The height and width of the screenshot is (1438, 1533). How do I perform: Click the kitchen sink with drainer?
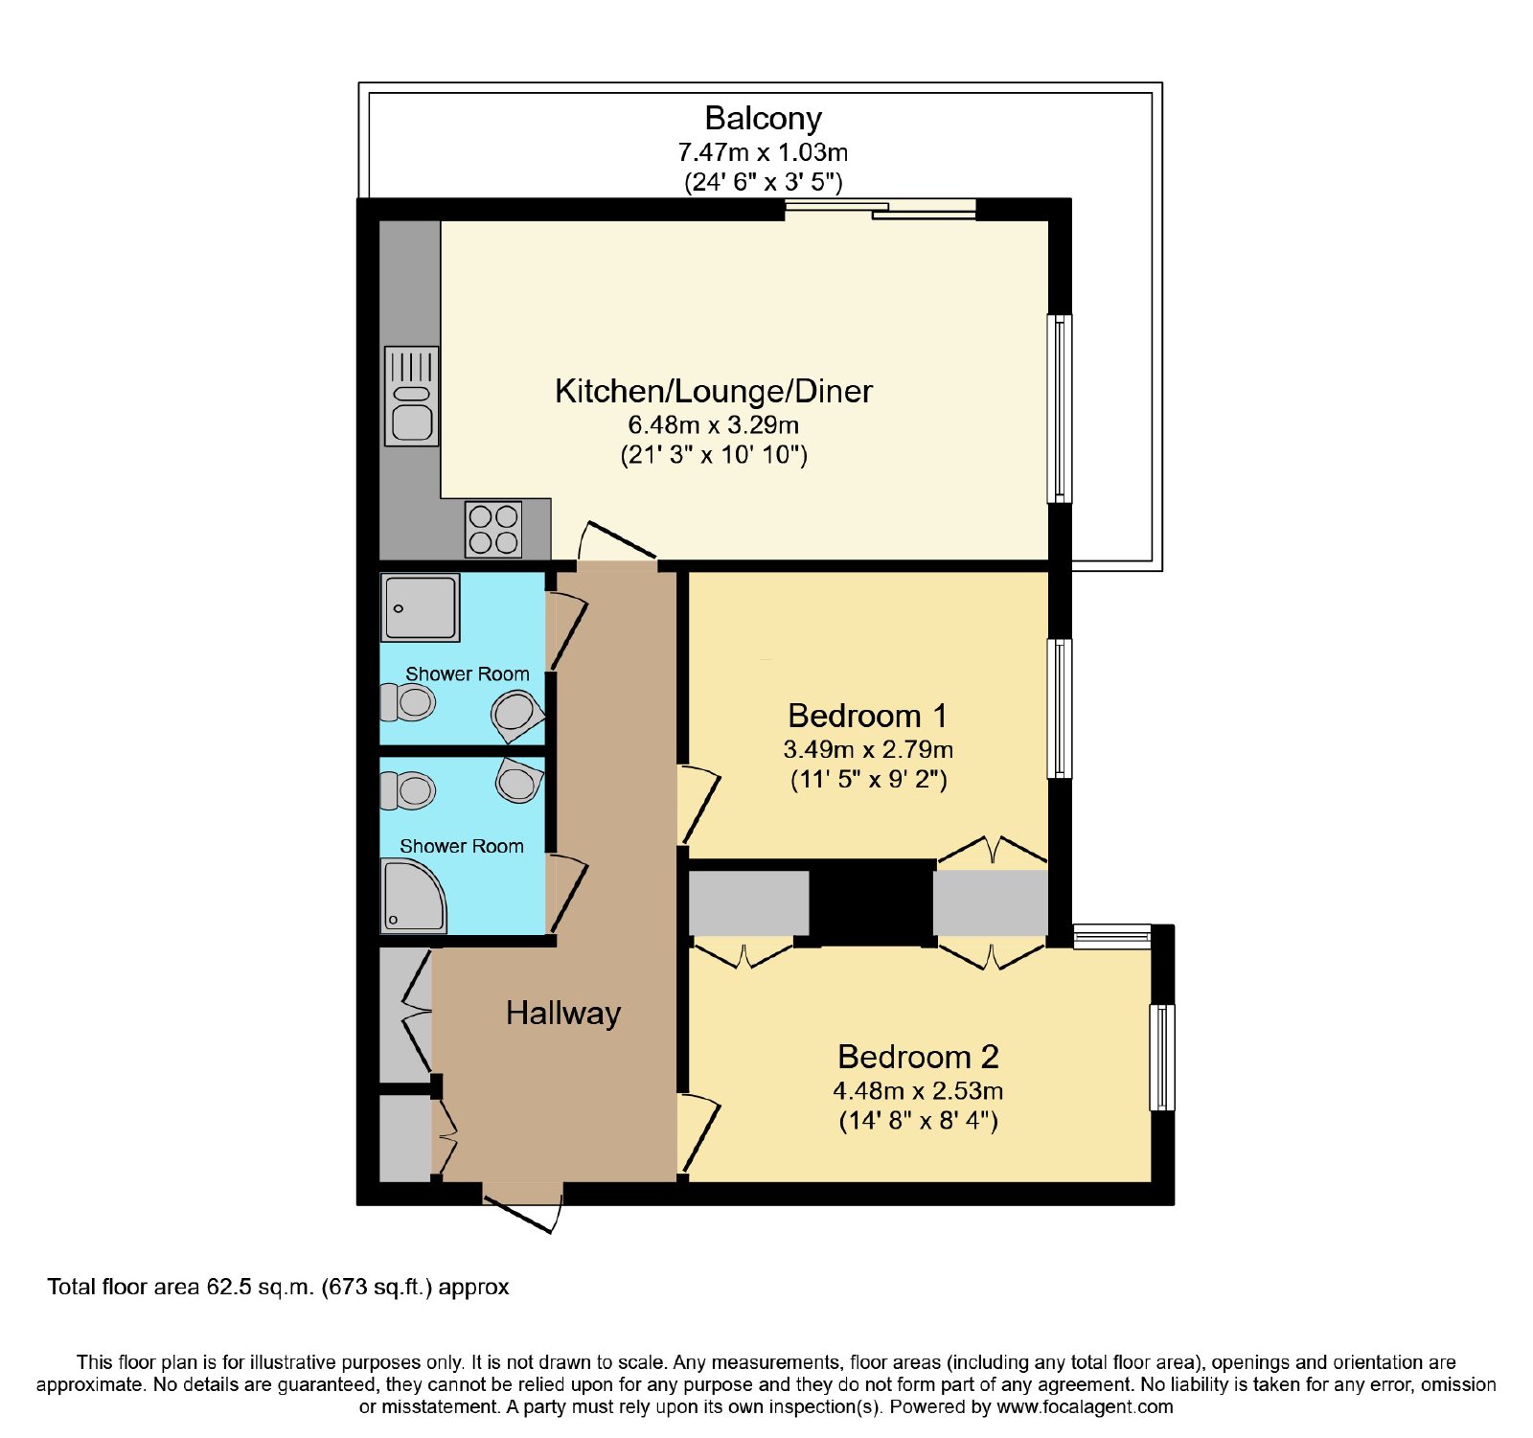pos(412,396)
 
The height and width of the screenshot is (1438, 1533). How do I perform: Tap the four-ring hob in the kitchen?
pos(493,529)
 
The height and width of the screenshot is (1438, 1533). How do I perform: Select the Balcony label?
pos(763,119)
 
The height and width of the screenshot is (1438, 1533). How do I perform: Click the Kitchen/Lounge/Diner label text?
pos(714,391)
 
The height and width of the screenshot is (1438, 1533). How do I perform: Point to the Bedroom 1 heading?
pos(867,716)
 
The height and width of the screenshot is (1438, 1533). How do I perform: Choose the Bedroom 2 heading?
pos(918,1057)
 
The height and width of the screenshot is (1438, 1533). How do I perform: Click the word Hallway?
pos(563,1014)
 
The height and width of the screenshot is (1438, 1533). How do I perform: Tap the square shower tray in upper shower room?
pos(421,607)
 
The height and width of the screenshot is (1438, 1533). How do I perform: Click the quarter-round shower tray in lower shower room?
pos(414,896)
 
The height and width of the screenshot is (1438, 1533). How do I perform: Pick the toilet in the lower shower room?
pos(408,791)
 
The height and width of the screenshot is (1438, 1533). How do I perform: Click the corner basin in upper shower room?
pos(517,716)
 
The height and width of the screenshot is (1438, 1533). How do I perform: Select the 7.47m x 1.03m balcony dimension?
pos(763,152)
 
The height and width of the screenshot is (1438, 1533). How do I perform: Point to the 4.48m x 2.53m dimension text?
pos(918,1090)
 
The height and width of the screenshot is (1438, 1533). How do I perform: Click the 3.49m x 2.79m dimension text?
pos(868,749)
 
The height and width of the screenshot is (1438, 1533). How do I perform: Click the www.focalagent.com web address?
pos(1085,1407)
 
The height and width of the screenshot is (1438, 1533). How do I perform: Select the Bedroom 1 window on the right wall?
pos(1060,708)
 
